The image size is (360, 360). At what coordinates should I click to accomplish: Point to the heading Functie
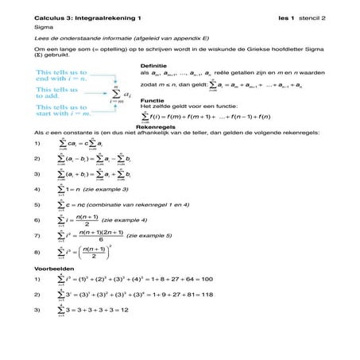pos(151,100)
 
